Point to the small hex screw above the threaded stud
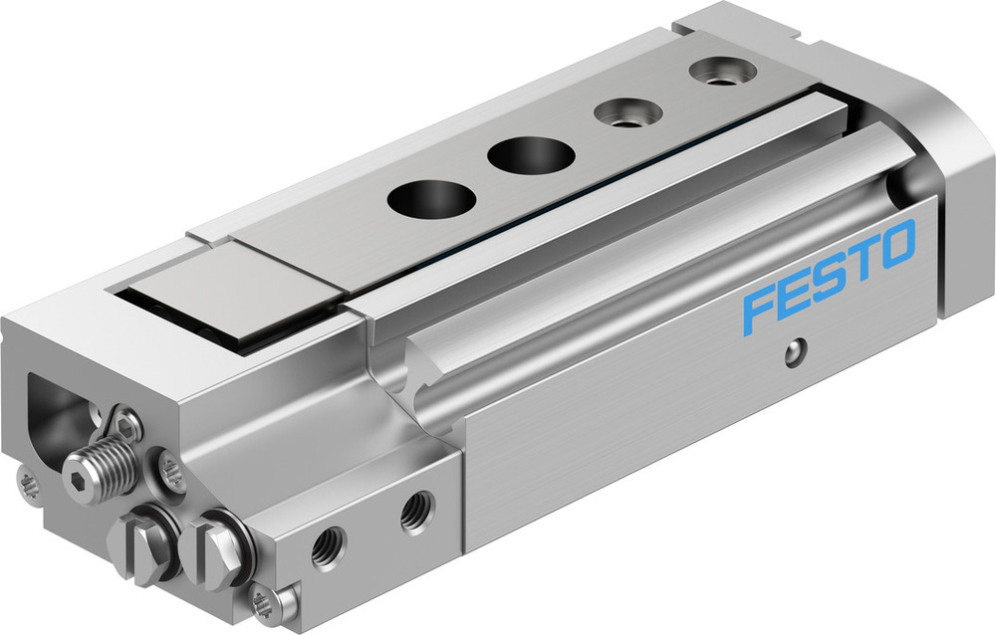click(x=125, y=424)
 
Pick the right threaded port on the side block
click(x=414, y=514)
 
